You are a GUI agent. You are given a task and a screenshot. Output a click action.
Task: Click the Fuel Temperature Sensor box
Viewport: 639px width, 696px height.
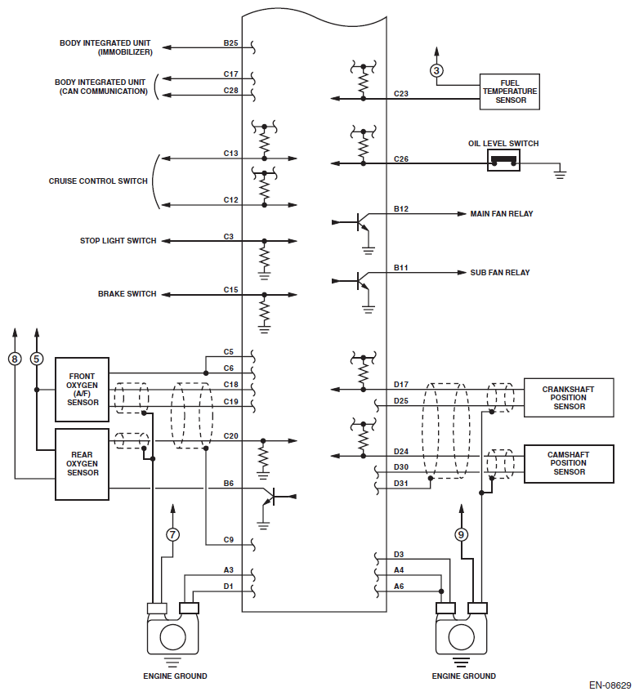509,91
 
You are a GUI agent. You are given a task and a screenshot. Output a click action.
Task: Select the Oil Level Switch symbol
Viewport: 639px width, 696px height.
503,160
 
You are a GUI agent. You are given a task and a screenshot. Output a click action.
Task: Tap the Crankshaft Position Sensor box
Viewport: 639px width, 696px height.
569,398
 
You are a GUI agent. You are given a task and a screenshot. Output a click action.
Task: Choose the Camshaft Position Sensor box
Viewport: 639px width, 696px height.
569,464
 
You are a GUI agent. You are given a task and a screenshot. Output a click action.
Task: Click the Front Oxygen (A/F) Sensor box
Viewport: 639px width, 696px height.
83,390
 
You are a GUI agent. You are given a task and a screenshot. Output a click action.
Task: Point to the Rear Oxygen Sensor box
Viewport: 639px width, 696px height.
83,464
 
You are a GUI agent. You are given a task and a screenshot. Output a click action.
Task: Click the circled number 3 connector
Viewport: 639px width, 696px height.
436,70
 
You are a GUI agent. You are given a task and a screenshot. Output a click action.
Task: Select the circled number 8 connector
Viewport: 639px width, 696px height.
15,359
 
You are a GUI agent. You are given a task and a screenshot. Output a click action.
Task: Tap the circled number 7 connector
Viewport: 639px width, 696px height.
172,534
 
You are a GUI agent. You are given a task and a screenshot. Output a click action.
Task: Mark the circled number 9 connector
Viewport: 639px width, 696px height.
461,535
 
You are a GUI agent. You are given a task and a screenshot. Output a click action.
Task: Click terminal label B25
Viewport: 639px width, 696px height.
230,43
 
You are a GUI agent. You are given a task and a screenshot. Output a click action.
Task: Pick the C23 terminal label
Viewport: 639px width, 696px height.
401,94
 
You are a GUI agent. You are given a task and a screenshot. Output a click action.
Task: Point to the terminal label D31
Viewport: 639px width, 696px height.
401,484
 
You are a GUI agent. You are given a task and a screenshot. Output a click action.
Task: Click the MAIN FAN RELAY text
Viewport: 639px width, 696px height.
502,213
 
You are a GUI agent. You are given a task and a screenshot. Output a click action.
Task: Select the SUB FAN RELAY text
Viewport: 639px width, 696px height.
500,273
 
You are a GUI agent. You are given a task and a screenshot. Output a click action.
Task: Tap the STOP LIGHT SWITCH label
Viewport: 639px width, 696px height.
118,241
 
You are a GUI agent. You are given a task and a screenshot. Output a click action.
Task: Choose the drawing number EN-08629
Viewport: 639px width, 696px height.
610,685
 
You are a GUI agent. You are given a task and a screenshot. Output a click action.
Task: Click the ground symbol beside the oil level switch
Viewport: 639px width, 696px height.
560,172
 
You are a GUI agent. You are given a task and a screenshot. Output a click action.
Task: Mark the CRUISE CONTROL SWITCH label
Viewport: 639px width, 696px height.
98,181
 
